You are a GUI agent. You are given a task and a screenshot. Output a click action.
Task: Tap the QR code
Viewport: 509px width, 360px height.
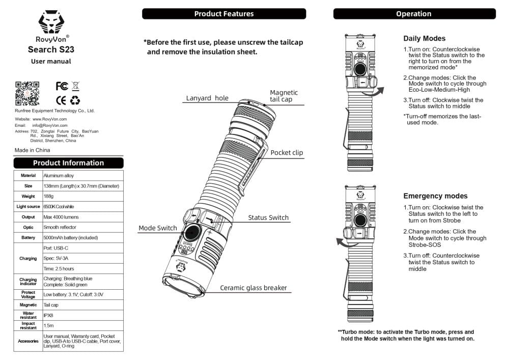pyautogui.click(x=27, y=93)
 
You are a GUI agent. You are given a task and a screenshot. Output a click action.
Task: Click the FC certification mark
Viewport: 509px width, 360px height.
pyautogui.click(x=62, y=86)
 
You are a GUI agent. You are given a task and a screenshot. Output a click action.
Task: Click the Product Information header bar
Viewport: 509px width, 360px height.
pyautogui.click(x=68, y=163)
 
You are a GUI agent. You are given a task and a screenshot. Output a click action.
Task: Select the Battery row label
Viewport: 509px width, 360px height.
pyautogui.click(x=28, y=238)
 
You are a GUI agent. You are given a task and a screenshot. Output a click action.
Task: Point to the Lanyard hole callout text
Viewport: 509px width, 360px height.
pyautogui.click(x=207, y=98)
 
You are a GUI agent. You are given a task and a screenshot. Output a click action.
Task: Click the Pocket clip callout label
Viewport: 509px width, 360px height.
pyautogui.click(x=287, y=153)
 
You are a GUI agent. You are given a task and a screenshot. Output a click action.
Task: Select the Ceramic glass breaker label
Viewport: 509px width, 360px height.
pyautogui.click(x=253, y=288)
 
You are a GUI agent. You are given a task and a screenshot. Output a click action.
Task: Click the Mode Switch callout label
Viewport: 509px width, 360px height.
pyautogui.click(x=158, y=228)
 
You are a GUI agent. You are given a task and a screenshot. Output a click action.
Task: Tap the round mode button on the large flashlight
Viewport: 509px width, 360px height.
pyautogui.click(x=191, y=233)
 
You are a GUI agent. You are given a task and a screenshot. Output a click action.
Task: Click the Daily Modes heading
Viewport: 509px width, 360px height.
pyautogui.click(x=424, y=38)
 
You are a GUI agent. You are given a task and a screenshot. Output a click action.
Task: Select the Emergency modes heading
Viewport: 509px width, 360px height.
pyautogui.click(x=435, y=196)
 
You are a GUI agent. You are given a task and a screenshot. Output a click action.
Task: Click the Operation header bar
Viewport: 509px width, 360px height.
pyautogui.click(x=414, y=14)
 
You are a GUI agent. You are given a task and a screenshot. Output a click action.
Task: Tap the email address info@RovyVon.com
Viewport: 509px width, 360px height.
pyautogui.click(x=50, y=125)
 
